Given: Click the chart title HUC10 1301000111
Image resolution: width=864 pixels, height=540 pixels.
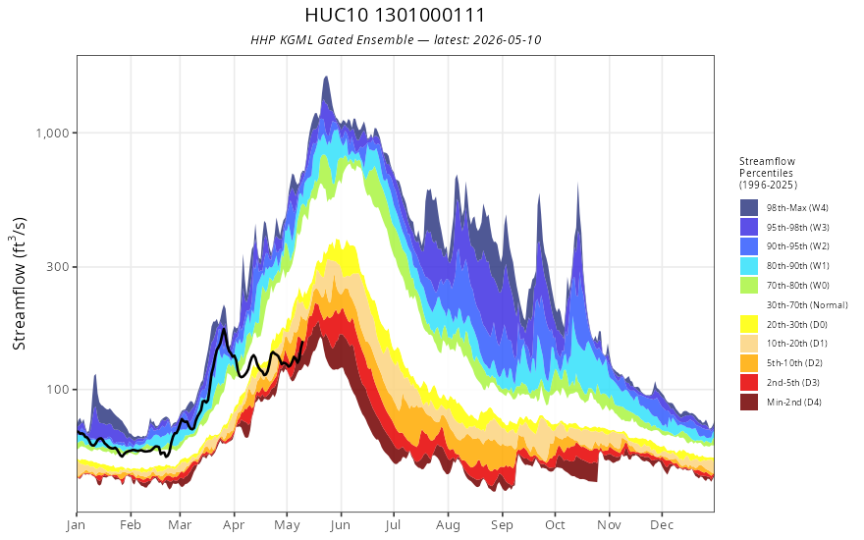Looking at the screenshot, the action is [x=395, y=15].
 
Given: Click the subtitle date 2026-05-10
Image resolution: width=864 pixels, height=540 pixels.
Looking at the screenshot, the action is [x=507, y=40].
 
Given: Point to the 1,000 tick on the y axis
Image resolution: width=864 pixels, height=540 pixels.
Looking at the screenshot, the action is [x=53, y=133].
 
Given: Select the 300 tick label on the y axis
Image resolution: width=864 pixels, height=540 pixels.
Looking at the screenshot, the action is [x=58, y=267].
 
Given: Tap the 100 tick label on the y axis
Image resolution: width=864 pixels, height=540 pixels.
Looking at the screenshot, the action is [x=58, y=390].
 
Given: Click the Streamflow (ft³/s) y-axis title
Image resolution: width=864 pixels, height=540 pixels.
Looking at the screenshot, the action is [x=19, y=284].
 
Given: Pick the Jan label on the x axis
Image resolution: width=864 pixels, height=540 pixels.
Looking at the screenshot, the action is [x=76, y=525].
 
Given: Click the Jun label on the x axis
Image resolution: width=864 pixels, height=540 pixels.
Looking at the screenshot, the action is [x=341, y=525].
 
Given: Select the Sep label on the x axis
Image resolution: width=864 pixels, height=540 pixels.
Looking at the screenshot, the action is [x=502, y=525].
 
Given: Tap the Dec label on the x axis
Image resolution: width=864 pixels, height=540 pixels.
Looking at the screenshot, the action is [x=662, y=525].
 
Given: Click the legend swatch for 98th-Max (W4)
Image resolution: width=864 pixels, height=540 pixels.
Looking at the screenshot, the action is [x=749, y=208].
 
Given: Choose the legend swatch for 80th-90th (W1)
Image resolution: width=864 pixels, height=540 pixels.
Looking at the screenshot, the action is [x=749, y=266].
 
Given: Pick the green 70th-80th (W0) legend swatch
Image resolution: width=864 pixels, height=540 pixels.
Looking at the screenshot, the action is [x=749, y=286].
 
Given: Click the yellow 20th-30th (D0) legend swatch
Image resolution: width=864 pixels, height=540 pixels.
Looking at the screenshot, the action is [x=749, y=324].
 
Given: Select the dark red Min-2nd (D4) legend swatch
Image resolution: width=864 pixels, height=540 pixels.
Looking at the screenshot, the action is [x=749, y=402].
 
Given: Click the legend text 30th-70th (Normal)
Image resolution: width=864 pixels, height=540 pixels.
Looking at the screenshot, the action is [x=807, y=304].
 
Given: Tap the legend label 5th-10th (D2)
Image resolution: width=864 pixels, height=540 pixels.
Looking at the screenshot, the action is [x=794, y=363].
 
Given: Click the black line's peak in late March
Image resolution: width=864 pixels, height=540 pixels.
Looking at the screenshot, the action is [x=223, y=330].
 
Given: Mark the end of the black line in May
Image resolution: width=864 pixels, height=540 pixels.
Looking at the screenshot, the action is [x=302, y=343].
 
